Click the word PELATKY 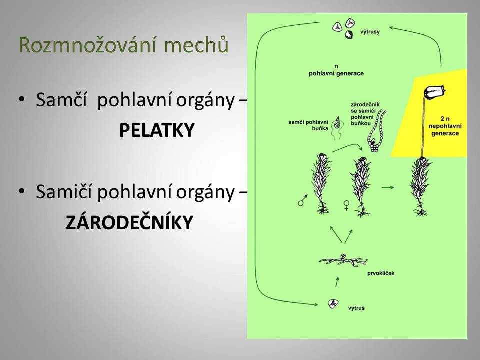point(157,130)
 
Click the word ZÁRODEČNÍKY point(129,222)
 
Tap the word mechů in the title point(196,45)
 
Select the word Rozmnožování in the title point(89,45)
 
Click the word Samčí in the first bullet point(61,100)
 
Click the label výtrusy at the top point(370,32)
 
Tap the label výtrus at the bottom point(356,308)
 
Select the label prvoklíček point(381,273)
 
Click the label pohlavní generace point(336,73)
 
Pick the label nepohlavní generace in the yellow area point(445,130)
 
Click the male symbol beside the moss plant point(302,200)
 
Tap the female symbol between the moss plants point(346,205)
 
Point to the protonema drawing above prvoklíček point(343,260)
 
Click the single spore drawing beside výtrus point(333,304)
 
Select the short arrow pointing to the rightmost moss point(388,187)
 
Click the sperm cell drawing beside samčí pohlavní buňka point(337,128)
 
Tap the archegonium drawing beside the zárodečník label point(377,130)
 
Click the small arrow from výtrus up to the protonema point(337,282)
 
